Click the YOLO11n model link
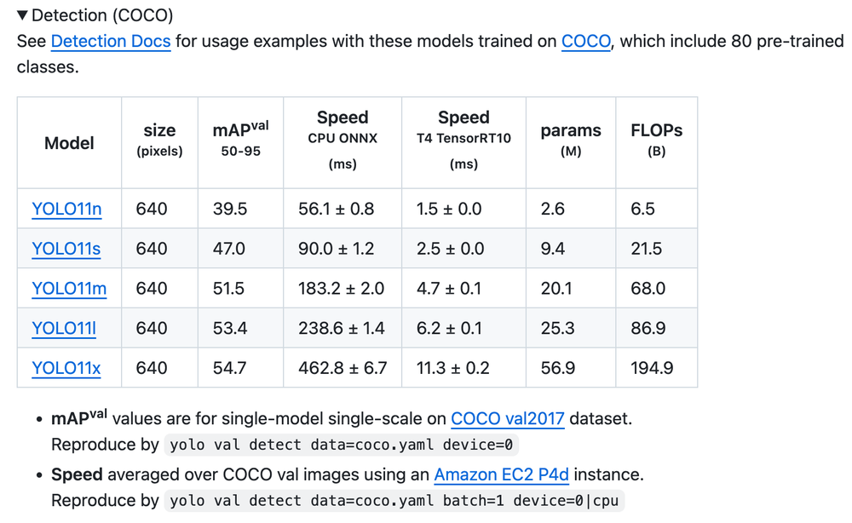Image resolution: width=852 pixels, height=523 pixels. click(66, 209)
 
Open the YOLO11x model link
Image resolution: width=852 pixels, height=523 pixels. click(66, 368)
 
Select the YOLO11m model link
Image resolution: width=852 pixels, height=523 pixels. click(69, 289)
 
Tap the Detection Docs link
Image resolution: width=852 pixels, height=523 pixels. click(111, 41)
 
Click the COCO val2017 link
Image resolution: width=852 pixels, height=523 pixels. click(508, 418)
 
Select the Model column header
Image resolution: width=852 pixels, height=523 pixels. click(69, 143)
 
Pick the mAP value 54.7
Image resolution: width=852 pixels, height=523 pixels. click(228, 368)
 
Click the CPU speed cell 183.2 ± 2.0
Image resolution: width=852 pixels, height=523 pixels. click(341, 289)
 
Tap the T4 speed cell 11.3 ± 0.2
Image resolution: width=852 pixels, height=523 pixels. click(452, 368)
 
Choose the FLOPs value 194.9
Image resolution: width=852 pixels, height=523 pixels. click(652, 368)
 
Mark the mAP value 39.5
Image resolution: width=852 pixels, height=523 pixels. click(228, 209)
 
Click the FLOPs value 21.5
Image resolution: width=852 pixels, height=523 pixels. click(646, 249)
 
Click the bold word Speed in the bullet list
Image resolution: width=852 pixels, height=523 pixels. click(77, 474)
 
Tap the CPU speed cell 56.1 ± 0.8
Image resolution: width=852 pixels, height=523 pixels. click(336, 209)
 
